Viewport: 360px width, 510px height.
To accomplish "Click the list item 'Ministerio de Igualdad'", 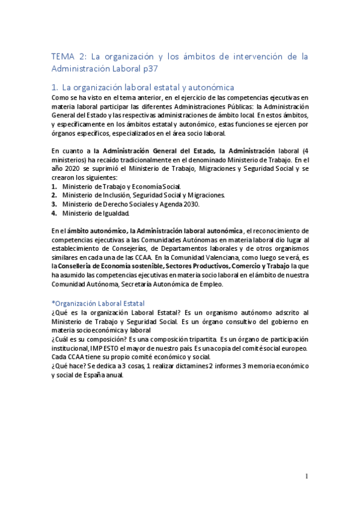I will (95, 213).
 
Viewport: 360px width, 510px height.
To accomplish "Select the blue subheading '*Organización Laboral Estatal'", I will (98, 304).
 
